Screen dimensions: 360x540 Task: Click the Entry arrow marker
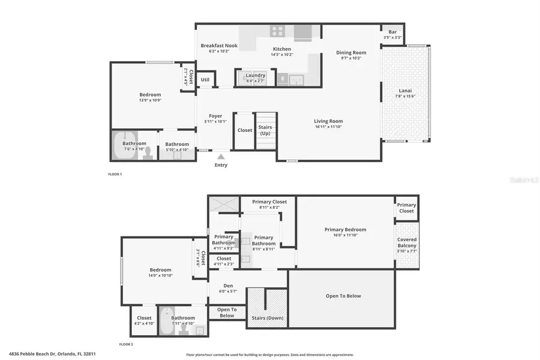[221, 156]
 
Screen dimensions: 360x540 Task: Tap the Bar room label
[392, 32]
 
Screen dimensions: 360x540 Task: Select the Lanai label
[405, 91]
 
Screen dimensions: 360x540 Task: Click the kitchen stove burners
[277, 31]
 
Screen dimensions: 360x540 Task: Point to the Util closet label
[205, 79]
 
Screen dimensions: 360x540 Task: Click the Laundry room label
[256, 75]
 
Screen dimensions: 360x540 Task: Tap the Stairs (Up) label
[266, 130]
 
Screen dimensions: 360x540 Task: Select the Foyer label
[215, 116]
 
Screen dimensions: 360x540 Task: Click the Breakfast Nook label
[219, 46]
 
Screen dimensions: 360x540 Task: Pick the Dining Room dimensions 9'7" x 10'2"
[351, 59]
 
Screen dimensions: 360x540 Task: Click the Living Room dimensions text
[328, 127]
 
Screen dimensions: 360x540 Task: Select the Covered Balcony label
[407, 242]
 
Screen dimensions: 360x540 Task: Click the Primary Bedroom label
[345, 229]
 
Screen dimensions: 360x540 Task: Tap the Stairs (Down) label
[267, 318]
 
